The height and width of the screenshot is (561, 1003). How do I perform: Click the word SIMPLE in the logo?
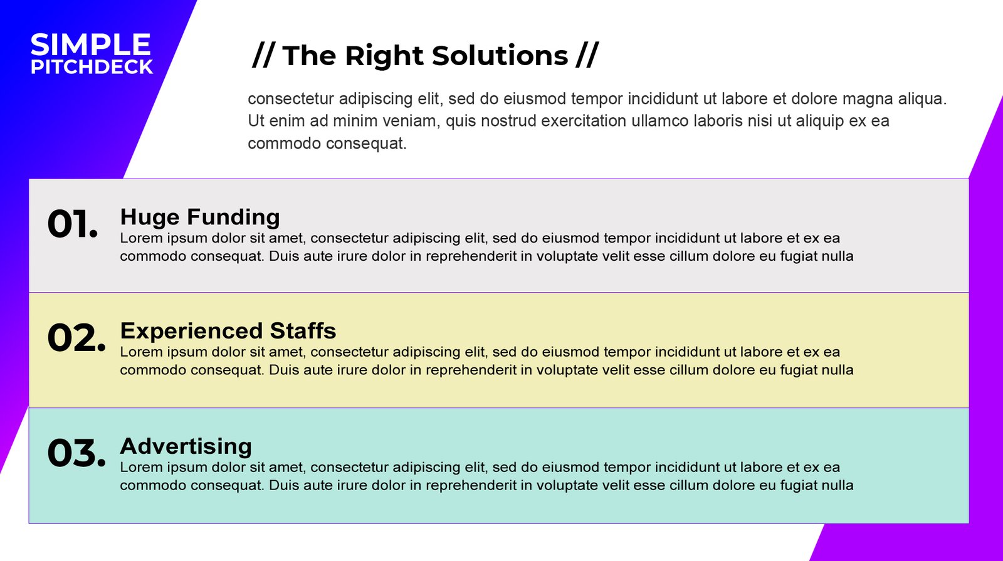coord(90,45)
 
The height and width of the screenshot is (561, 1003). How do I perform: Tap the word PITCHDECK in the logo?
coord(92,66)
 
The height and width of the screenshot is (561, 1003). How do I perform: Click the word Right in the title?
coord(384,56)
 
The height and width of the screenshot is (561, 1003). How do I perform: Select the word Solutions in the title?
coord(500,56)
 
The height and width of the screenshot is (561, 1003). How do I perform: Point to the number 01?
coord(73,224)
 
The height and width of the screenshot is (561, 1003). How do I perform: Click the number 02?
coord(76,338)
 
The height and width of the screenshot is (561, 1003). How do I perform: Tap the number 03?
coord(76,453)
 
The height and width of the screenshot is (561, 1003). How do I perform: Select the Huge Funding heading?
coord(200,218)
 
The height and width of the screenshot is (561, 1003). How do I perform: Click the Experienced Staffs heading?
coord(228,331)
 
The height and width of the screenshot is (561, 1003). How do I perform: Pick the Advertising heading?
coord(186,446)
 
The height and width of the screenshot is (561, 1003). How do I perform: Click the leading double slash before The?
coord(263,55)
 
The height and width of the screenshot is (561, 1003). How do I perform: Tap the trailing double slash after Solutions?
coord(587,55)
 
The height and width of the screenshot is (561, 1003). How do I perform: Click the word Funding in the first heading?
coord(233,218)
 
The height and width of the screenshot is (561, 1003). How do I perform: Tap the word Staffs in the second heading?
coord(303,331)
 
